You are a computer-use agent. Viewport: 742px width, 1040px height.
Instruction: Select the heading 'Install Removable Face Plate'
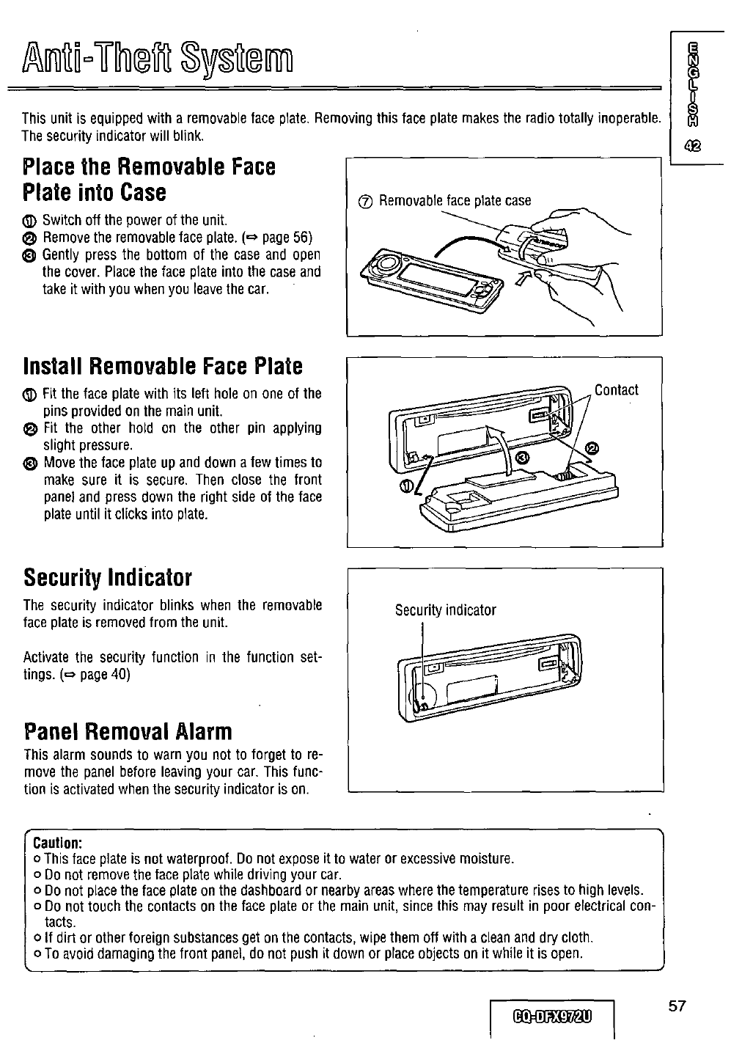coord(163,365)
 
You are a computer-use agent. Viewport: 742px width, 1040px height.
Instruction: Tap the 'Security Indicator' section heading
coord(107,578)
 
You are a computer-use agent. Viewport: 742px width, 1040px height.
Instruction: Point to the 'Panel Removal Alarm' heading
coord(128,731)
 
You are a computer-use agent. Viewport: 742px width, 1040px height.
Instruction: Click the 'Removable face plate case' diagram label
coord(454,201)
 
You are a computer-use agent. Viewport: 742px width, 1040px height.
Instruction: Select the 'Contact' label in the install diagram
coord(616,390)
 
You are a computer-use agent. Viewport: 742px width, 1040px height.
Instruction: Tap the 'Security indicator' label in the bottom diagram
coord(445,610)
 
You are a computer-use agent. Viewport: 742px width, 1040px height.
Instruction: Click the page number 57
coord(676,1006)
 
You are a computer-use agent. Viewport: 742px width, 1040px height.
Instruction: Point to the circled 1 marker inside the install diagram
coord(406,487)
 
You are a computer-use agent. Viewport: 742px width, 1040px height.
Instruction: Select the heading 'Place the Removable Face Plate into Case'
coord(150,180)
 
